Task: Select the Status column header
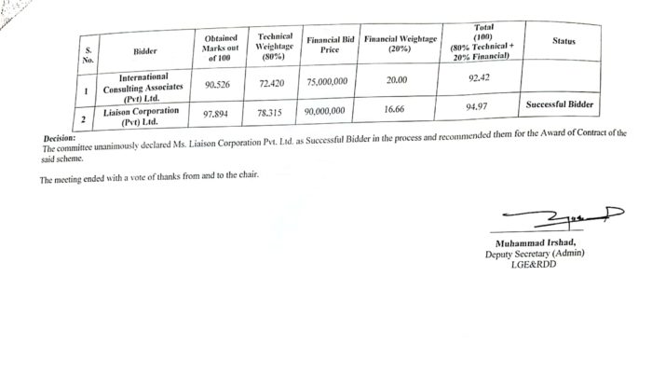click(x=564, y=41)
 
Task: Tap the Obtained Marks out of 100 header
click(x=221, y=48)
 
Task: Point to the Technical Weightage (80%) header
click(x=275, y=47)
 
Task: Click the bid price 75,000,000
click(x=327, y=82)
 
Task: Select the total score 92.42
click(x=481, y=78)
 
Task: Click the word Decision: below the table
click(x=59, y=138)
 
